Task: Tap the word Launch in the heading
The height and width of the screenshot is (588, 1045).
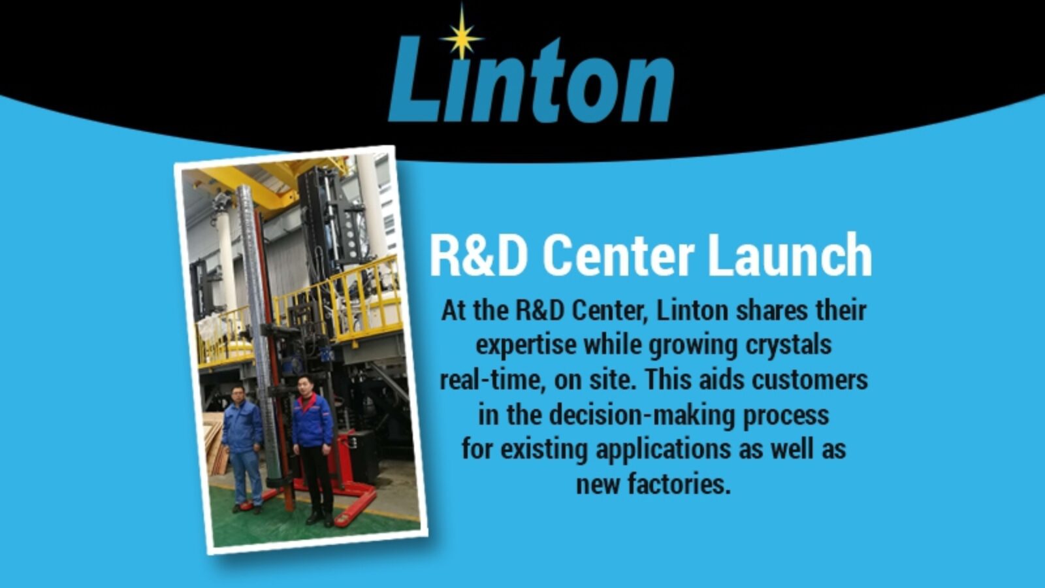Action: [x=790, y=256]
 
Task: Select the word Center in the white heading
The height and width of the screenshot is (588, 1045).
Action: [x=619, y=256]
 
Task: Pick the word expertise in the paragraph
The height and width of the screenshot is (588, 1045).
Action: [x=526, y=346]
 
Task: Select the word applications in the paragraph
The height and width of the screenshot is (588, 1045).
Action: [x=663, y=450]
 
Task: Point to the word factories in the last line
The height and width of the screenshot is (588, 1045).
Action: [x=679, y=484]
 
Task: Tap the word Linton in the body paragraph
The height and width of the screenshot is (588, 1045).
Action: [x=692, y=311]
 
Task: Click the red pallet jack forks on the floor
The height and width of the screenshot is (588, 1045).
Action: [x=355, y=504]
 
